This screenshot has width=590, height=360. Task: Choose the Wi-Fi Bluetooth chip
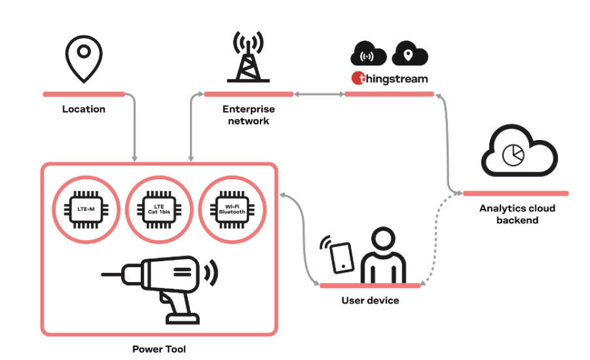pyautogui.click(x=232, y=209)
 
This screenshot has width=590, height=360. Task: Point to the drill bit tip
pyautogui.click(x=103, y=275)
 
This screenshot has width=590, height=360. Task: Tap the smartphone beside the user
pyautogui.click(x=342, y=257)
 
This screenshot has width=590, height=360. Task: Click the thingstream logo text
pyautogui.click(x=390, y=79)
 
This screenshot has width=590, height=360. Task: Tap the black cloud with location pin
pyautogui.click(x=409, y=55)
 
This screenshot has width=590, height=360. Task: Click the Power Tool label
pyautogui.click(x=159, y=349)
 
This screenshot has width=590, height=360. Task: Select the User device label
pyautogui.click(x=370, y=300)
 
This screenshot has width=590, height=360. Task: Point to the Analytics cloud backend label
pyautogui.click(x=517, y=214)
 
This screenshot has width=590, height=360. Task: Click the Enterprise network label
pyautogui.click(x=248, y=115)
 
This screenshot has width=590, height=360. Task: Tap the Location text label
pyautogui.click(x=84, y=109)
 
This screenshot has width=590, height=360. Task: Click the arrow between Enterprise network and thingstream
pyautogui.click(x=318, y=94)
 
